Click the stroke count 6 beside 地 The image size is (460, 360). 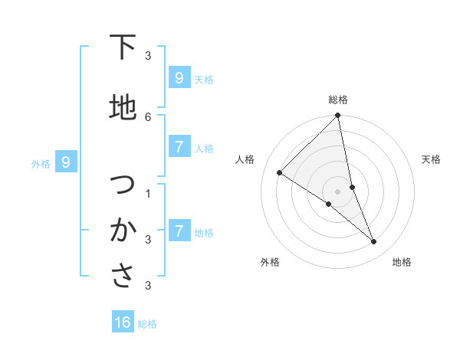tap(148, 116)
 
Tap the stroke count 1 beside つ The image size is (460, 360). tap(148, 193)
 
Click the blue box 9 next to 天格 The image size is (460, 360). tap(179, 78)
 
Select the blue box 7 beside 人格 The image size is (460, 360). tap(179, 147)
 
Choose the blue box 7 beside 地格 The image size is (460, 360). tap(179, 231)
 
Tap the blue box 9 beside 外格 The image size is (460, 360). tap(66, 162)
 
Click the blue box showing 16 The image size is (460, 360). tap(123, 322)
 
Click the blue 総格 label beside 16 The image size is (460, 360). tap(148, 324)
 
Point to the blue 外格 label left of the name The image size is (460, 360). tap(40, 163)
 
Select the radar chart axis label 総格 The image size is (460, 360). tap(338, 100)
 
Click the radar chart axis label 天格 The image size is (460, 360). tap(432, 159)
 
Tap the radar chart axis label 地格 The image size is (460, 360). tap(402, 262)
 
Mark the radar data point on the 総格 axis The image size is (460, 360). tap(338, 116)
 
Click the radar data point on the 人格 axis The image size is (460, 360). tap(280, 173)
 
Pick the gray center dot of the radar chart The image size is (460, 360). tap(338, 191)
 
